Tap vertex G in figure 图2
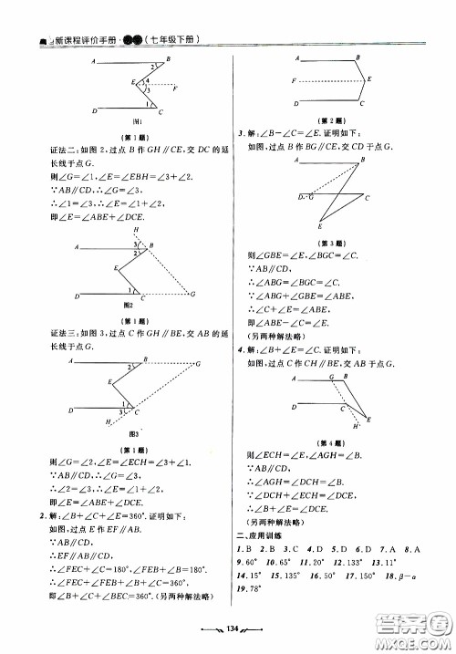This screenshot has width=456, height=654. coord(192,294)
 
